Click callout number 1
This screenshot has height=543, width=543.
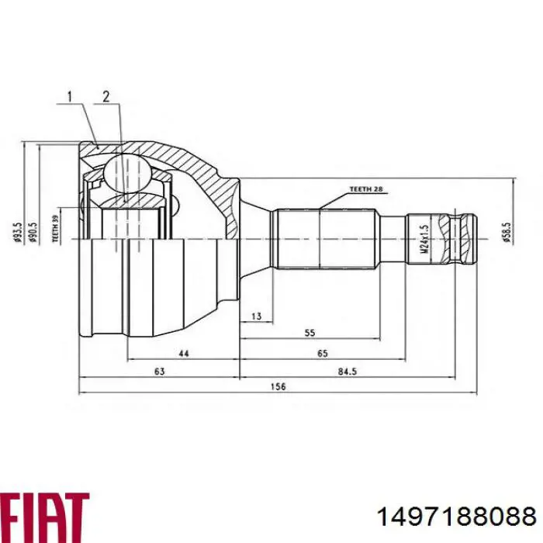(x=70, y=96)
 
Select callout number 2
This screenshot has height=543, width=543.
(x=106, y=96)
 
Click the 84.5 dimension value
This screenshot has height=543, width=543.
(x=347, y=372)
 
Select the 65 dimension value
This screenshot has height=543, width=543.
(x=323, y=353)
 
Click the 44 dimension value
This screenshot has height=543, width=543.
(x=183, y=353)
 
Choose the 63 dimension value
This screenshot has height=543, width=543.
(x=159, y=372)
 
